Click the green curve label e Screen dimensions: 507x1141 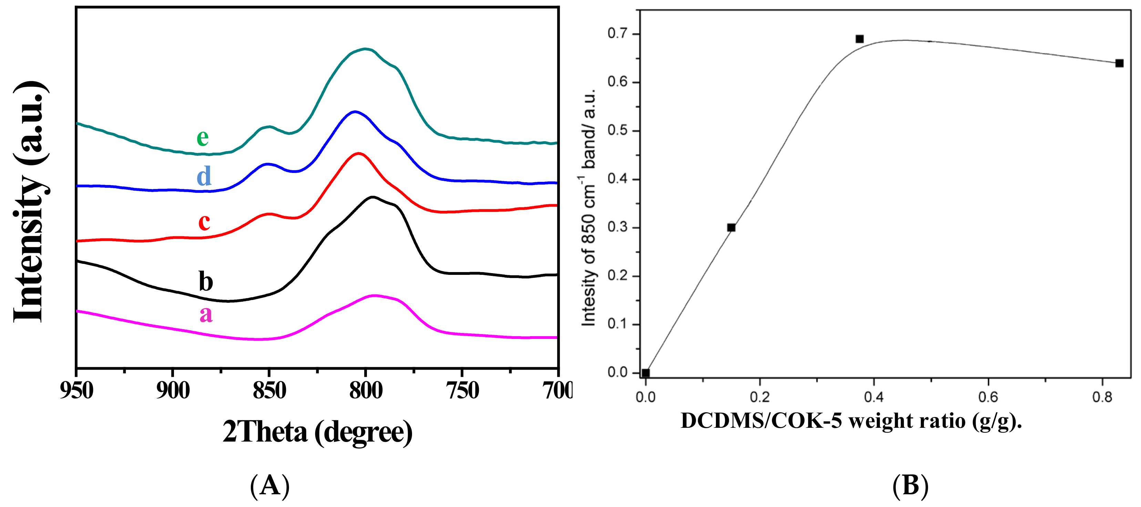click(x=203, y=138)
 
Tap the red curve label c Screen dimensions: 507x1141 click(x=204, y=221)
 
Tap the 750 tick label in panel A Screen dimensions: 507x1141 click(x=462, y=391)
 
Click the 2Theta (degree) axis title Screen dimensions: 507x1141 click(x=317, y=432)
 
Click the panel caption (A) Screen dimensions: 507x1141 click(x=270, y=485)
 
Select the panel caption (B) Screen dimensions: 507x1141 click(x=910, y=485)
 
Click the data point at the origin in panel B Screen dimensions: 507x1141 click(x=645, y=373)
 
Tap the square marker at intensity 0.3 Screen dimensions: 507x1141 click(x=731, y=228)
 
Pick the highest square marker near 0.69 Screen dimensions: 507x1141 click(x=859, y=39)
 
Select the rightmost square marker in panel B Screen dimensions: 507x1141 click(x=1119, y=63)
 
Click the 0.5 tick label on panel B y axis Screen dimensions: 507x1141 click(x=617, y=131)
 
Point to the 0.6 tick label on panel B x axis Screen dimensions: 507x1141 click(x=988, y=397)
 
